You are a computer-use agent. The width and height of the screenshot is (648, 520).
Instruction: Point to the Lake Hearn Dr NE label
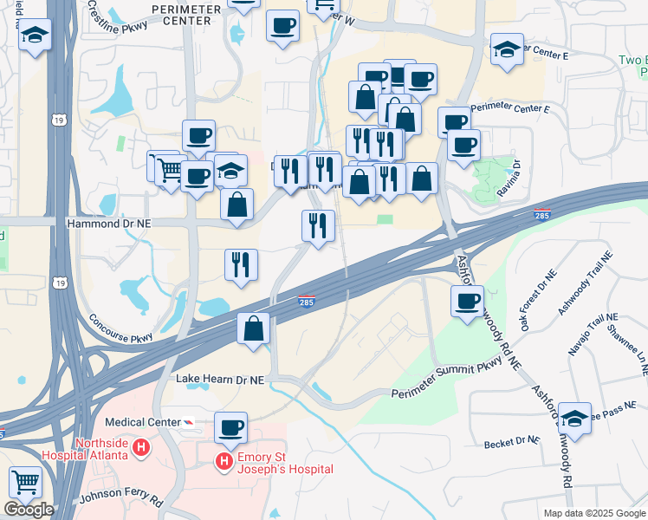point(219,380)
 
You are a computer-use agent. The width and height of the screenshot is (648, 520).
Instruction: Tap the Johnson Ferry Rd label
point(120,499)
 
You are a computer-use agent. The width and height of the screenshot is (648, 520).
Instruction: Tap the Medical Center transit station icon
point(188,422)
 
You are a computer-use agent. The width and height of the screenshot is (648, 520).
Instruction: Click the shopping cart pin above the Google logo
point(26,482)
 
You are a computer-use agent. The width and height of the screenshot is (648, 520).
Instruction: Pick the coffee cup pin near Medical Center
point(231,426)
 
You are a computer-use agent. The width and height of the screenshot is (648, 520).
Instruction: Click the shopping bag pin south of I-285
point(254,328)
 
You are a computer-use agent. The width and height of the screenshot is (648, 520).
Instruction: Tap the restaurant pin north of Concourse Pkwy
point(241,263)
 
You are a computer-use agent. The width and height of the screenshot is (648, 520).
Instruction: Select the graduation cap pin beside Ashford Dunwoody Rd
point(575,417)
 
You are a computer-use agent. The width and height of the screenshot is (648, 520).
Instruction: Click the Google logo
point(29,510)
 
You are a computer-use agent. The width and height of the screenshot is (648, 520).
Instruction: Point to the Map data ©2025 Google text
point(594,513)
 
